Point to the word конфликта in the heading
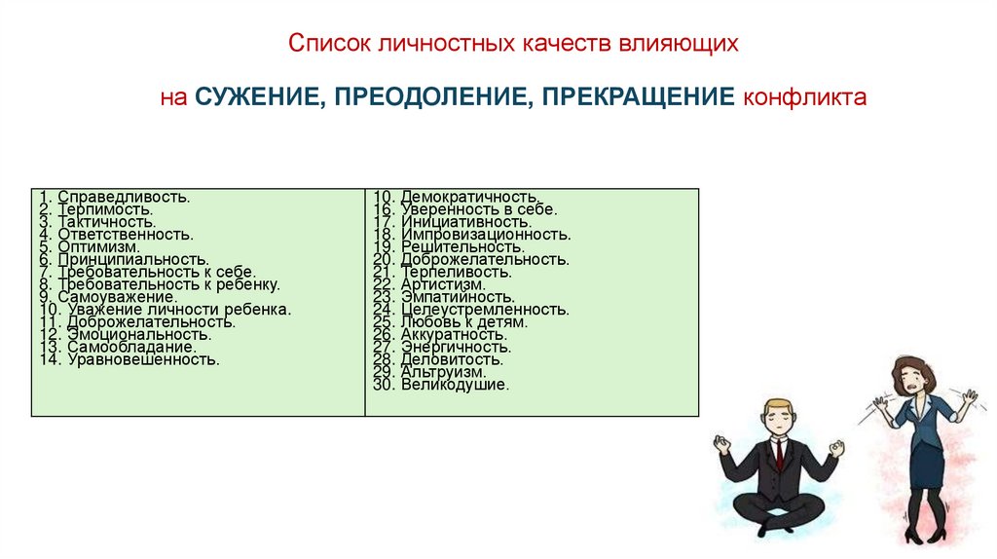tap(803, 98)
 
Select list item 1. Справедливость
tap(115, 197)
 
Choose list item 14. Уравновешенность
tap(129, 359)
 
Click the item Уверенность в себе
tap(464, 209)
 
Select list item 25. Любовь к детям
tap(450, 321)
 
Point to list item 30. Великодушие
tap(440, 385)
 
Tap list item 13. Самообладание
tap(118, 347)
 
